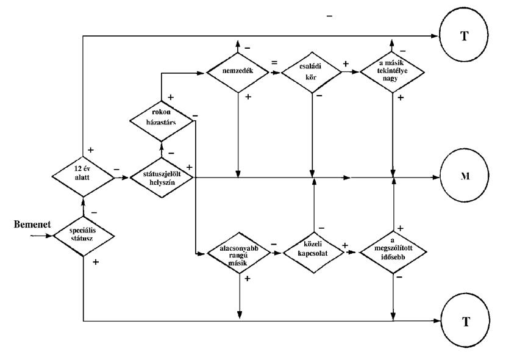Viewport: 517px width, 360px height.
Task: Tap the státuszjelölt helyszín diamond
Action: (161, 178)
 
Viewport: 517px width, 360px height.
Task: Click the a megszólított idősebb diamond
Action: (393, 253)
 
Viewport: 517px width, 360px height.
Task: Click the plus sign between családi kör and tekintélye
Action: (346, 63)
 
